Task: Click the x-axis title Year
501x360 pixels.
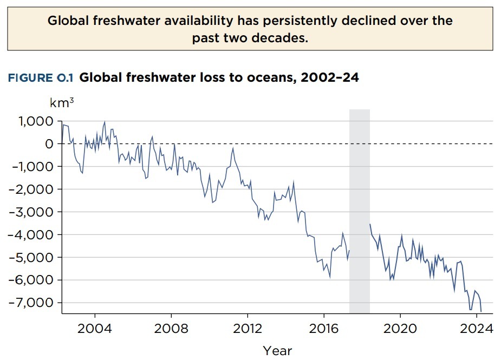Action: (x=277, y=350)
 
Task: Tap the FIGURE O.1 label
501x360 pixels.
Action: (x=41, y=78)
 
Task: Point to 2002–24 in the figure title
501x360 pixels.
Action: (x=329, y=78)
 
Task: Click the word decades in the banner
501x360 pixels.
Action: (x=279, y=39)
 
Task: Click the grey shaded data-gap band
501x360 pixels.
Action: (x=360, y=211)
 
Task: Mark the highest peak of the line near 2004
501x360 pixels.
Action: (x=105, y=122)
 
